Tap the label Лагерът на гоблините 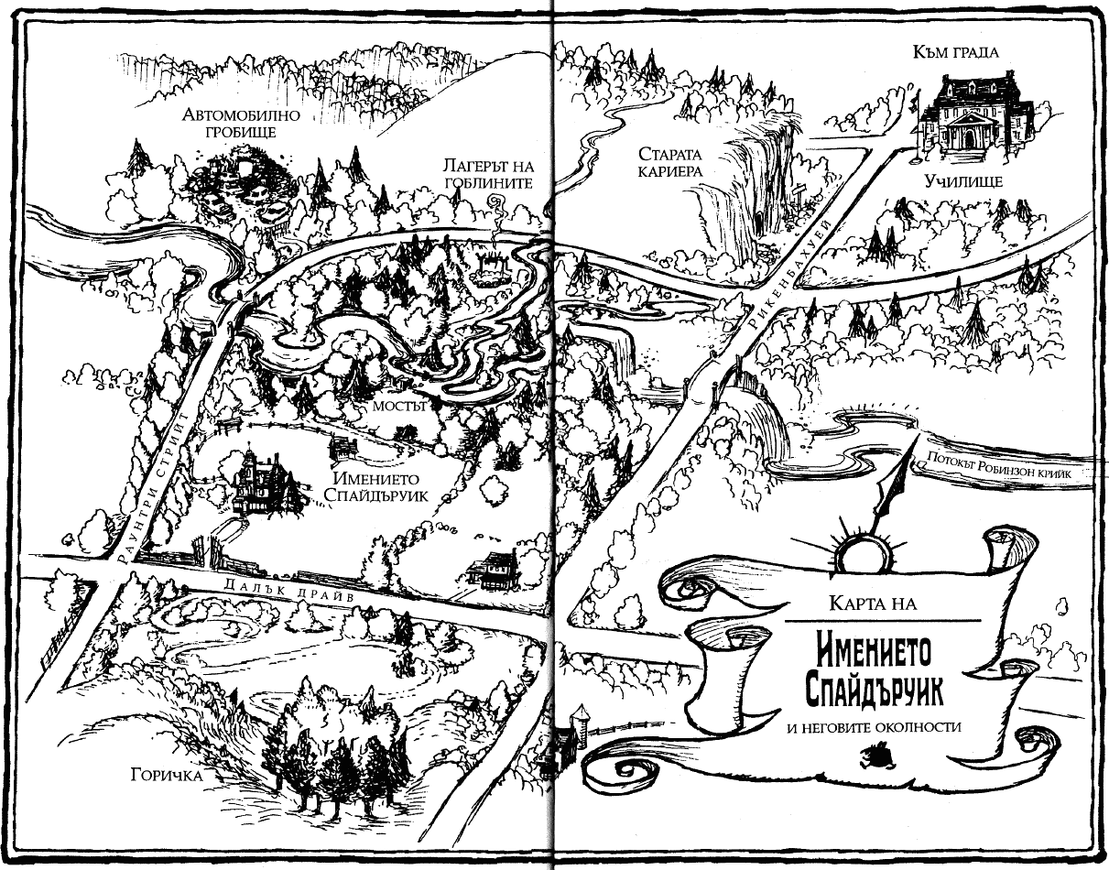pos(485,174)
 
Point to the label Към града pos(955,51)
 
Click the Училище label pos(963,181)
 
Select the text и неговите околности pos(874,727)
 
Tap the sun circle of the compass pos(861,552)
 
